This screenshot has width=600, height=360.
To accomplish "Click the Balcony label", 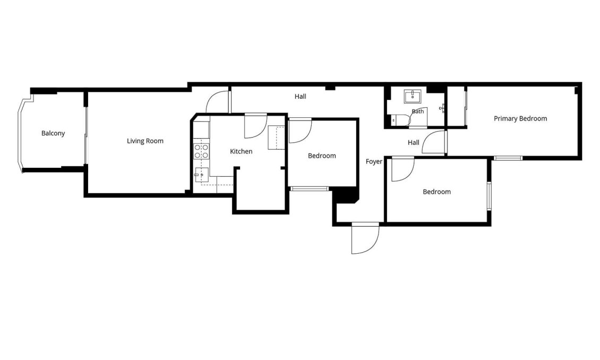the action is (53, 133).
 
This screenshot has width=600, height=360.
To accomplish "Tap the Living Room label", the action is (145, 141).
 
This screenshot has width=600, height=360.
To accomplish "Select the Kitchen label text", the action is (241, 151).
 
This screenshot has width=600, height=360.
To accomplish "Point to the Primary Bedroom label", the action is (520, 118).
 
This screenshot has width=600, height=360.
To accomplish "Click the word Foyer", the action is (374, 162).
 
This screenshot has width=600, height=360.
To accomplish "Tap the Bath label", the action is (418, 112).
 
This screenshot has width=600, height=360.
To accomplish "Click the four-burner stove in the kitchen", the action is (201, 151).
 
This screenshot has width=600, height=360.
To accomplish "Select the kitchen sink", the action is (202, 175).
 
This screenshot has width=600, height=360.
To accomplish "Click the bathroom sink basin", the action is (413, 97).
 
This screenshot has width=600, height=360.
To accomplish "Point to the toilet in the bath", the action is (397, 120).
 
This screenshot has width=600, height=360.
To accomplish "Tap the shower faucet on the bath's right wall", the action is (442, 108).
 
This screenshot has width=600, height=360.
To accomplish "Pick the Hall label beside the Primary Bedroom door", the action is (413, 143).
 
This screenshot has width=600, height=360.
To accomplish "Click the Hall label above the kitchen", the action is (301, 97).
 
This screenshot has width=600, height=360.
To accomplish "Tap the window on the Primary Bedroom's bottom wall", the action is (508, 158).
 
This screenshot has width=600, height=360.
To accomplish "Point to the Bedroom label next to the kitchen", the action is (322, 156).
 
